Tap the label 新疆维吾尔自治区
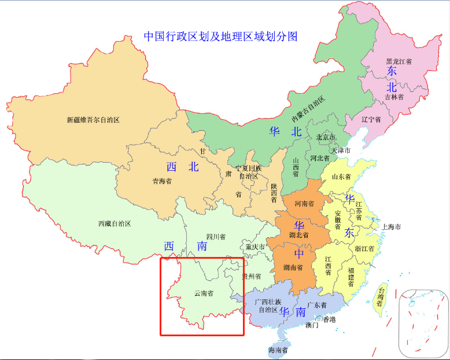pyautogui.click(x=93, y=120)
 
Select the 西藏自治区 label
pyautogui.click(x=115, y=223)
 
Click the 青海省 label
pyautogui.click(x=162, y=181)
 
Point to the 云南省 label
pyautogui.click(x=203, y=293)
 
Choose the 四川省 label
pyautogui.click(x=216, y=237)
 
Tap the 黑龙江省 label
pyautogui.click(x=399, y=61)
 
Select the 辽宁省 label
pyautogui.click(x=371, y=120)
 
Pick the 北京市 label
pyautogui.click(x=326, y=137)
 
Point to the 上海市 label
pyautogui.click(x=391, y=226)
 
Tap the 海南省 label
pyautogui.click(x=278, y=350)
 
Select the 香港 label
pyautogui.click(x=329, y=319)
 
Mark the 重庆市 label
pyautogui.click(x=255, y=247)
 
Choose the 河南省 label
pyautogui.click(x=304, y=204)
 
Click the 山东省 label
pyautogui.click(x=341, y=177)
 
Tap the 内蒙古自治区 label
pyautogui.click(x=308, y=108)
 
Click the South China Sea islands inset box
pyautogui.click(x=423, y=322)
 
